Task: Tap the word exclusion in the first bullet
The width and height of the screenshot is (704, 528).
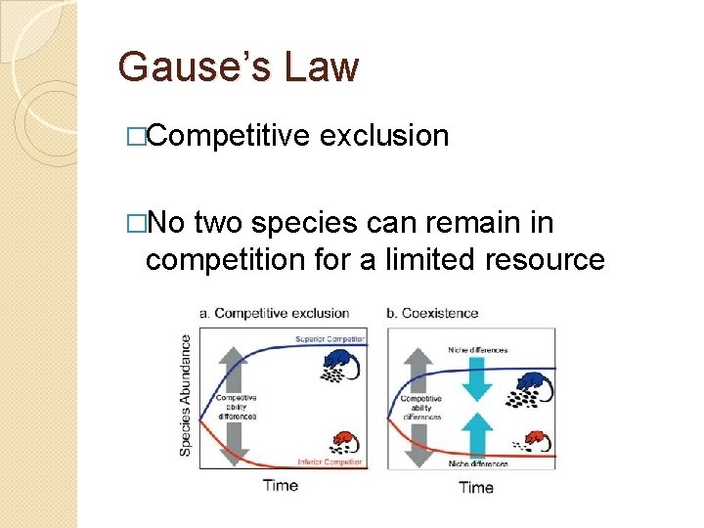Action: pos(384,136)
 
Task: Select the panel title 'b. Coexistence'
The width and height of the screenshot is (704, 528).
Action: pos(433,313)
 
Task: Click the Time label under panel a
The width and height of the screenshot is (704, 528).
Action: pos(280,486)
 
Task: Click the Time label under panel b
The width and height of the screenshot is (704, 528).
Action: pos(476,486)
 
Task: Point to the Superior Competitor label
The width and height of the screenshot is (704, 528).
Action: pos(330,339)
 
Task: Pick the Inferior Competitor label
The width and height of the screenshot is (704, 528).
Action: pos(330,461)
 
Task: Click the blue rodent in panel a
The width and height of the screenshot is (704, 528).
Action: pos(340,367)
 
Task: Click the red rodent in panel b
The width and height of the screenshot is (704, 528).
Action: pos(533,440)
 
